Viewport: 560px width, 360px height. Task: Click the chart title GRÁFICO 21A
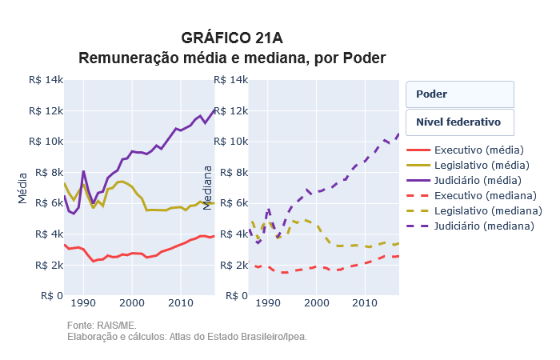click(x=232, y=38)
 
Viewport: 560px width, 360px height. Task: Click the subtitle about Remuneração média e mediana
click(x=232, y=58)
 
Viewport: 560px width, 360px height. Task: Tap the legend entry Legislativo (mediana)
click(x=489, y=210)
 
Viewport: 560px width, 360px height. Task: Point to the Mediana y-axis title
click(x=207, y=187)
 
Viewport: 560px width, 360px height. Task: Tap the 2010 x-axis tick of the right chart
click(x=366, y=302)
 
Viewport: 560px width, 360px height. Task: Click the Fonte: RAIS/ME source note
click(x=102, y=326)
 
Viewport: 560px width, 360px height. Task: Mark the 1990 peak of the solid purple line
click(x=83, y=170)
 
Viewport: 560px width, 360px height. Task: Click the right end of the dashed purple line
click(x=398, y=134)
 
